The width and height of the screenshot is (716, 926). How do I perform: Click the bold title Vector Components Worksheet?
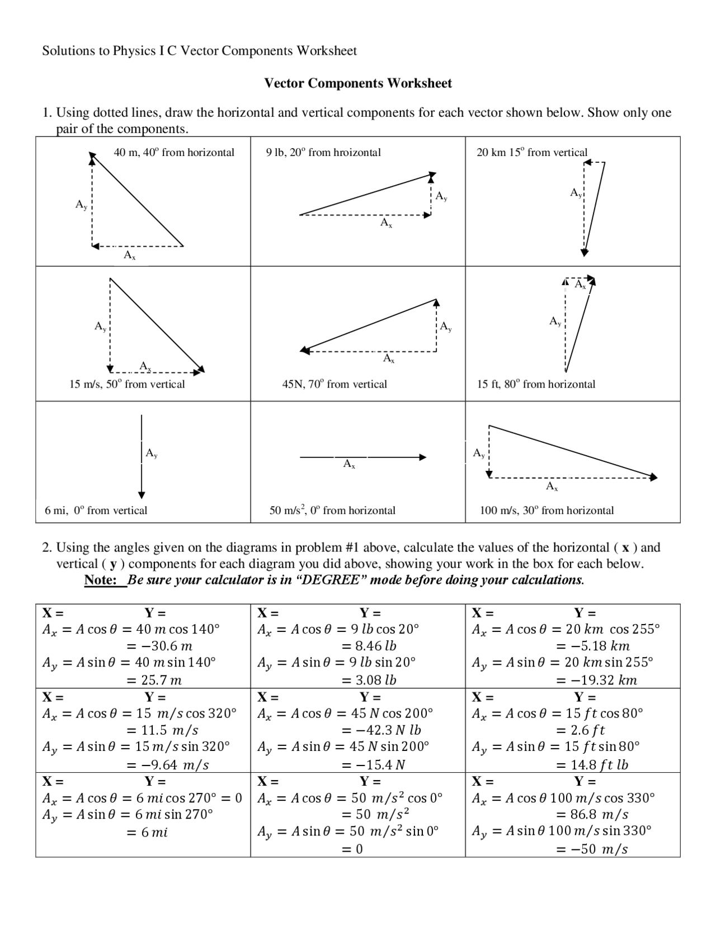(x=358, y=83)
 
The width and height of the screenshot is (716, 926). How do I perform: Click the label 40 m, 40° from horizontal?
(x=174, y=152)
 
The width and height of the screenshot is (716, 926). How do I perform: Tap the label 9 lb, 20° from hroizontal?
(x=323, y=152)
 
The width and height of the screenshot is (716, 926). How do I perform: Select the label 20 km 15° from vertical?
(x=532, y=152)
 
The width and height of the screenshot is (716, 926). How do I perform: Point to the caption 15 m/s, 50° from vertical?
(x=127, y=384)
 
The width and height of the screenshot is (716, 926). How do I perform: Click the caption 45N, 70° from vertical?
(x=335, y=384)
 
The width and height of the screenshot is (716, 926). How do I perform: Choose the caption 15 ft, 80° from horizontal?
(x=536, y=384)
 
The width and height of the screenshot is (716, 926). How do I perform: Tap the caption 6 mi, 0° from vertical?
(x=96, y=510)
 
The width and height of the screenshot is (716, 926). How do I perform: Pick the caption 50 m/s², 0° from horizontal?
(x=332, y=510)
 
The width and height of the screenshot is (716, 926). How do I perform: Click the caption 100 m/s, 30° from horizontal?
(x=547, y=510)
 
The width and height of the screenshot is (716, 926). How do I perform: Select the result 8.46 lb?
(x=369, y=646)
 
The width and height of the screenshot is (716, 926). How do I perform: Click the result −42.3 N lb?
(x=381, y=730)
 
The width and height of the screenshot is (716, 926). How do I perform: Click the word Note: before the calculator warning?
(x=100, y=580)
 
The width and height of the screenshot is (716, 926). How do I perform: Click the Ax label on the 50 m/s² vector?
(x=349, y=464)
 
